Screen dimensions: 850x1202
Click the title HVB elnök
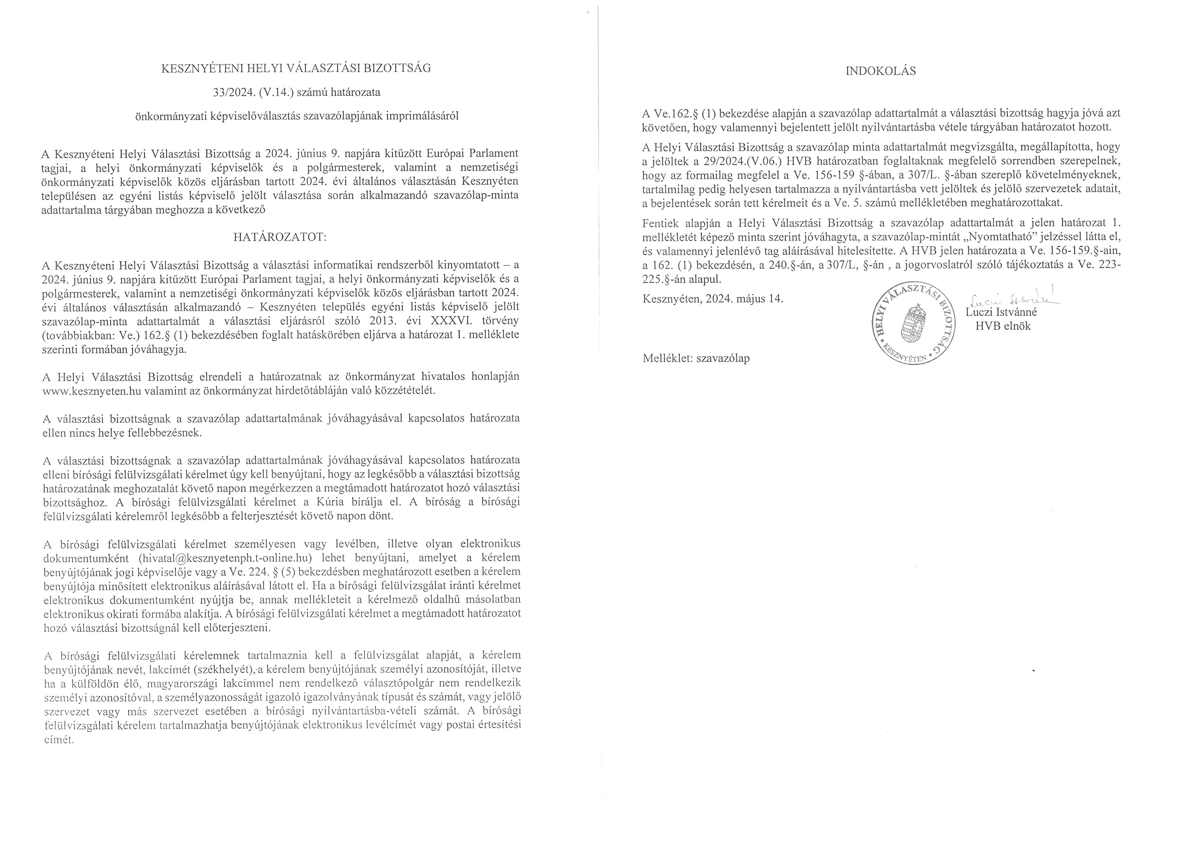click(1003, 326)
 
